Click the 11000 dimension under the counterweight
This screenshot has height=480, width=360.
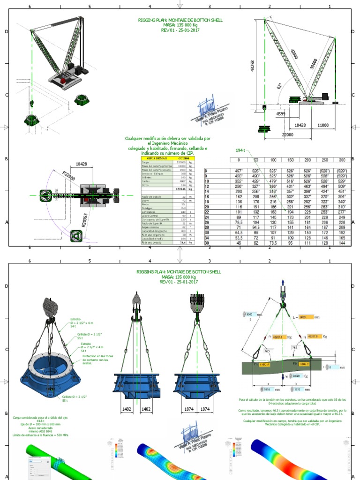tap(323, 126)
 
